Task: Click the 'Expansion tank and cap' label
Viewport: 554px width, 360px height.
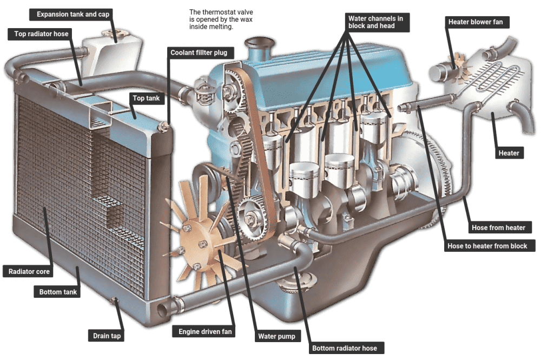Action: [72, 14]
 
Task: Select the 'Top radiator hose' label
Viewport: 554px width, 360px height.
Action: [41, 34]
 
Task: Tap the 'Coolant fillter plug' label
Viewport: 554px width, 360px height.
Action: [199, 53]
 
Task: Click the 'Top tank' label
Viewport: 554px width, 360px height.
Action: [146, 99]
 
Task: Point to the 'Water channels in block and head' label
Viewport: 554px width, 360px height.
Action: [375, 22]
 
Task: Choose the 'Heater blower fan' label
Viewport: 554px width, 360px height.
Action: [476, 22]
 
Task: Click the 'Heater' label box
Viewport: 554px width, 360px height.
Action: [509, 153]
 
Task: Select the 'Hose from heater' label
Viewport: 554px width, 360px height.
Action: [498, 228]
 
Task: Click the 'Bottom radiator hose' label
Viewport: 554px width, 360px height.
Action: [345, 348]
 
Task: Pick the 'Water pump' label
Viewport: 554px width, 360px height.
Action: [276, 336]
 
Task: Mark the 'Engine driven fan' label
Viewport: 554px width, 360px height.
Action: [205, 332]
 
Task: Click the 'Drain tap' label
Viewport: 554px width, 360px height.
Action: [107, 336]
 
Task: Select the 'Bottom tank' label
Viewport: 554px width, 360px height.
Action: [58, 292]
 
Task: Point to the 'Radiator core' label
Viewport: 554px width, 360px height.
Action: [29, 272]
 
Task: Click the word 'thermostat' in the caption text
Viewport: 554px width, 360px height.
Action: [217, 12]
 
